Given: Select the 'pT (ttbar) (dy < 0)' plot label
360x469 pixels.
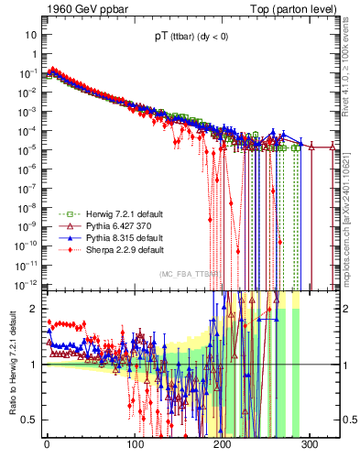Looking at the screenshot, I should pos(192,39).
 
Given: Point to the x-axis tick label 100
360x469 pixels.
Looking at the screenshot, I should pos(135,443).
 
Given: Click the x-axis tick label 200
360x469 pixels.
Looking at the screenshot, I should pos(223,443).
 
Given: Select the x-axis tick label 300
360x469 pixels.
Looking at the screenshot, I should pos(311,443).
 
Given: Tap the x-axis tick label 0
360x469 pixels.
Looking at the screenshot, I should pos(47,443).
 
